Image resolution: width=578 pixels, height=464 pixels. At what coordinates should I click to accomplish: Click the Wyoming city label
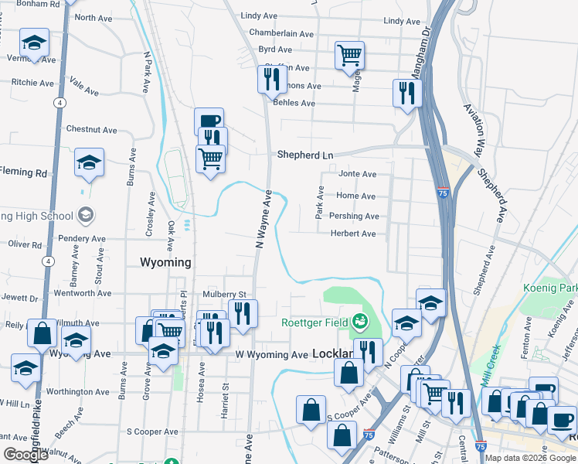coord(166,262)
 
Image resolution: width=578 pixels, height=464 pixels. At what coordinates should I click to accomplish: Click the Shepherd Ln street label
coord(305,155)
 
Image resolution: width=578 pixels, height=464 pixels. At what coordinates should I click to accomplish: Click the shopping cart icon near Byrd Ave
coord(349,56)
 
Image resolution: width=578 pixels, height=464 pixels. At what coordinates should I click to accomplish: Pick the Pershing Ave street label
coord(356,217)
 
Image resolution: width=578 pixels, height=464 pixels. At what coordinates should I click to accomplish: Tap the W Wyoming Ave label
coord(271,355)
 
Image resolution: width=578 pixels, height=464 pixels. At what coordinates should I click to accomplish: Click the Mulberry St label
coord(223,295)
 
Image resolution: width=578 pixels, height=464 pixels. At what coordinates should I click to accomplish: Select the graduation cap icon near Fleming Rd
coord(90,163)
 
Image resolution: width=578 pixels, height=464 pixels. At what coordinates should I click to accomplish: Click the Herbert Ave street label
coord(353,234)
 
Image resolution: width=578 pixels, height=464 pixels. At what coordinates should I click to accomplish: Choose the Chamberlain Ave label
coord(281,34)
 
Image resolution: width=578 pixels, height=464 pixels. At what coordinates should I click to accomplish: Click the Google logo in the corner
coord(25,455)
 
